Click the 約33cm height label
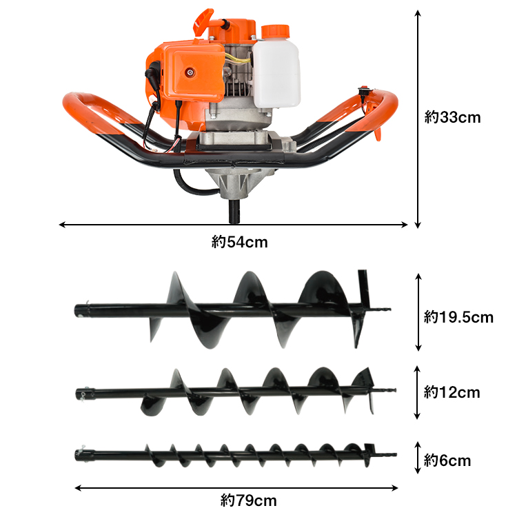click(x=452, y=117)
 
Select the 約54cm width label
click(x=239, y=243)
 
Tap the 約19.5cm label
click(x=458, y=317)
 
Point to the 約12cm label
click(x=452, y=392)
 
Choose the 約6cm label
click(x=447, y=460)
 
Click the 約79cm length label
click(x=248, y=500)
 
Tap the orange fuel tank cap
click(x=275, y=32)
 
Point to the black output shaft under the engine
click(x=234, y=211)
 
